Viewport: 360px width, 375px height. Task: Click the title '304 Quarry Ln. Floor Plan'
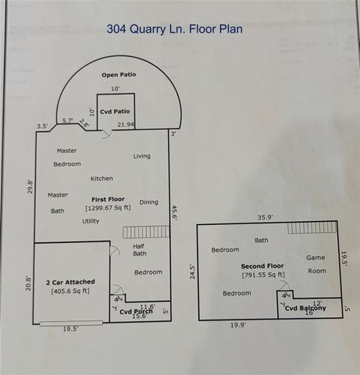tap(174, 29)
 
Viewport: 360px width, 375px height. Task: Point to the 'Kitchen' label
tap(102, 178)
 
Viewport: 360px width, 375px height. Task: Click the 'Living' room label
tap(141, 156)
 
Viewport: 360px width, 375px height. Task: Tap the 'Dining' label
tap(148, 202)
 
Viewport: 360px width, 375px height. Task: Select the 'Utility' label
tap(91, 221)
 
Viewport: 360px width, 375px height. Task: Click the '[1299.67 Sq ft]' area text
tap(108, 208)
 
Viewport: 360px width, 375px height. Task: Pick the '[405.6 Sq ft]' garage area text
tap(69, 291)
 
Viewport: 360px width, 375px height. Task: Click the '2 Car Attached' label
tap(68, 280)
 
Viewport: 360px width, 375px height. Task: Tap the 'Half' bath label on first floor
tap(139, 245)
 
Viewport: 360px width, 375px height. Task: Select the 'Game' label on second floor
tap(315, 258)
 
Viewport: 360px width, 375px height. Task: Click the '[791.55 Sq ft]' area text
tap(262, 275)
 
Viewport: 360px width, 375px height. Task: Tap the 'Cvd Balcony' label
tap(305, 309)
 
